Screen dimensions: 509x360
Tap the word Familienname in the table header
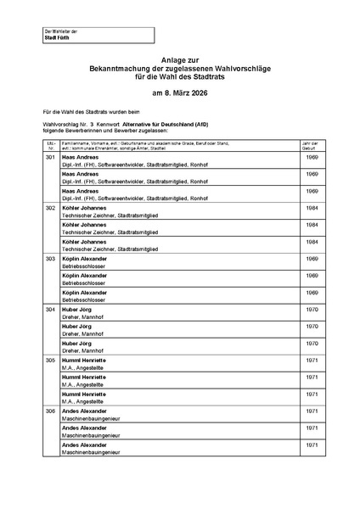[79, 143]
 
